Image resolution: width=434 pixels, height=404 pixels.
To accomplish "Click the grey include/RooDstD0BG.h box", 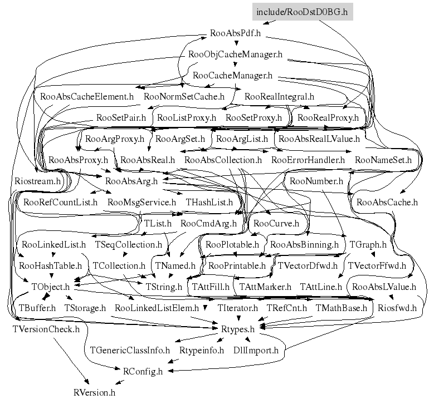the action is point(303,12).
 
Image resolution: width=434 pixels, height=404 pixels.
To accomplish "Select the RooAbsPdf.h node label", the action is point(235,33).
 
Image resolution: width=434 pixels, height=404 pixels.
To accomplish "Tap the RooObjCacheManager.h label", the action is point(235,54).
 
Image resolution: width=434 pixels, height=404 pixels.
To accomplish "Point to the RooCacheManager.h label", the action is point(232,75).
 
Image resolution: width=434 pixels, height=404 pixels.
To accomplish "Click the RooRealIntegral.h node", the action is point(279,96).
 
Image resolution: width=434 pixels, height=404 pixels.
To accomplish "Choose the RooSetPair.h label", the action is point(121,117).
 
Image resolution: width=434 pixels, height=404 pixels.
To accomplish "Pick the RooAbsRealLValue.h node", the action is point(319,139).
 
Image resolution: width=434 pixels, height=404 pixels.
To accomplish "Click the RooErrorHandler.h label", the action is point(308,160).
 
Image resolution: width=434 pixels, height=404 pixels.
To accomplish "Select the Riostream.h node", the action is point(37,181).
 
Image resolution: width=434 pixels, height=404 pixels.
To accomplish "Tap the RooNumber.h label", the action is point(316,181).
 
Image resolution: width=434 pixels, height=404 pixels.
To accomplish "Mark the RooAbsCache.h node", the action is point(387,202).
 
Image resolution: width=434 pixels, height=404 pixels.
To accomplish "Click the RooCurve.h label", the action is point(276,223).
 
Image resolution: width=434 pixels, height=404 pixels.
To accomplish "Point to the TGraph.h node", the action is point(368,244).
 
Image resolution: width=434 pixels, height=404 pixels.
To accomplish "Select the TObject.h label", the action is point(50,287).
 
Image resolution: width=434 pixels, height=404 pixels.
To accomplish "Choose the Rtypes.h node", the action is point(238,329).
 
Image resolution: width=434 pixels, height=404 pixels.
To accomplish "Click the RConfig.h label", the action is point(143,371).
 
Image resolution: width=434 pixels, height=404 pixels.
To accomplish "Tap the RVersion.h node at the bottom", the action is point(94,392).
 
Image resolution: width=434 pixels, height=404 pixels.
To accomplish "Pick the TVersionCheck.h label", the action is point(46,329).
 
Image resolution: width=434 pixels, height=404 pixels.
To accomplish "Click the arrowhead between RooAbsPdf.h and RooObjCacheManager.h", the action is point(236,43).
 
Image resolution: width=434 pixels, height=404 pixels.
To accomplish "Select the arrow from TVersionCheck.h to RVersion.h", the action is point(71,361).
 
